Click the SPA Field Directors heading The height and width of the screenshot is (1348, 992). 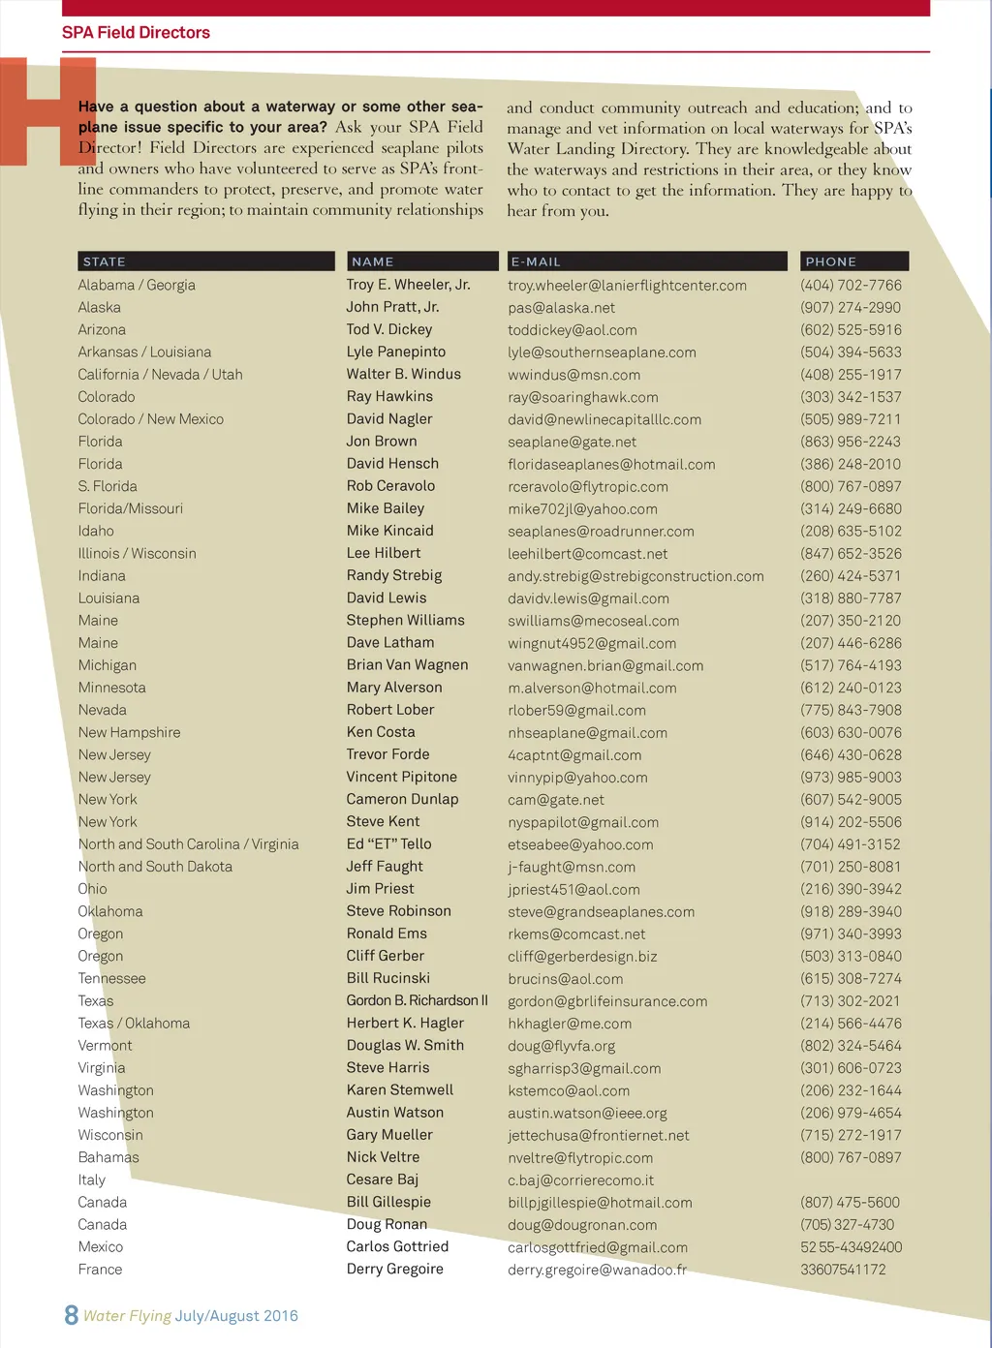click(x=136, y=32)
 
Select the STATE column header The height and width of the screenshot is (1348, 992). click(x=105, y=261)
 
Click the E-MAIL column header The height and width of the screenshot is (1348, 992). click(x=536, y=261)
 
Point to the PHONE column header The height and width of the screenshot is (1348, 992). click(x=831, y=261)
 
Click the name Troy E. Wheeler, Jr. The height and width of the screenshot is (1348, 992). click(x=408, y=285)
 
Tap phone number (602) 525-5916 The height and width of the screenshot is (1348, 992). click(x=851, y=330)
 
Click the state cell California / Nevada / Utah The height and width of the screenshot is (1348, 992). click(x=160, y=375)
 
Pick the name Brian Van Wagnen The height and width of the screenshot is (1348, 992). click(x=407, y=665)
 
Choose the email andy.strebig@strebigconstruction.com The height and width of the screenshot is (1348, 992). click(x=635, y=576)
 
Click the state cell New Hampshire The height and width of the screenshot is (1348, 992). click(x=129, y=732)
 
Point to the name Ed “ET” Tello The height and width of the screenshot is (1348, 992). click(x=388, y=844)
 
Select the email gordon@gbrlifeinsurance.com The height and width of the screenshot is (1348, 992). click(x=607, y=1001)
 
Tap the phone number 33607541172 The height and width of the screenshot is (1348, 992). click(x=843, y=1270)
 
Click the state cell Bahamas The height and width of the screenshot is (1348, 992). click(x=108, y=1157)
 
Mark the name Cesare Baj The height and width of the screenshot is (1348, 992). click(x=383, y=1179)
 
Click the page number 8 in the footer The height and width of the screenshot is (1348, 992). click(x=71, y=1315)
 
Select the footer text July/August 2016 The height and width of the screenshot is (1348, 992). click(x=236, y=1316)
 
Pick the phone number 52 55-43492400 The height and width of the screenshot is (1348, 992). click(x=851, y=1247)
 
